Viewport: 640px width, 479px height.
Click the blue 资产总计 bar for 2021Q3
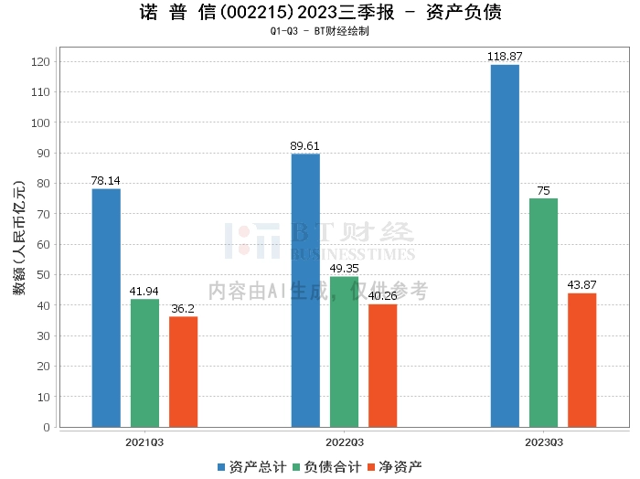click(x=106, y=307)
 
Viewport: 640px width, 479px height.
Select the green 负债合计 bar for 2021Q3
click(x=144, y=363)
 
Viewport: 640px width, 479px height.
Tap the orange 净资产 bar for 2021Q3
click(x=183, y=371)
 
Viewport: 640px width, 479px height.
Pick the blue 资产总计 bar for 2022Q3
click(x=305, y=290)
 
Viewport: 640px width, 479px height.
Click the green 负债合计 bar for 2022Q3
click(x=344, y=351)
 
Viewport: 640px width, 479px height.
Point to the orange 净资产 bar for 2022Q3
click(x=382, y=366)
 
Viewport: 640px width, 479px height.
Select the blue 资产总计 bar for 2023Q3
click(x=505, y=245)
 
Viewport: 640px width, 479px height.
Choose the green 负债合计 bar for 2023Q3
click(x=543, y=313)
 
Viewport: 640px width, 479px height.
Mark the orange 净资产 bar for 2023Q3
click(x=581, y=360)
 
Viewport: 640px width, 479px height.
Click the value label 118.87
click(x=505, y=57)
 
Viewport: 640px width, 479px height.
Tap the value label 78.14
click(x=106, y=181)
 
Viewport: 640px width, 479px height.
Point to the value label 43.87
click(x=581, y=285)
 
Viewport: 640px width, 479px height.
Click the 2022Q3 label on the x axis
click(x=344, y=442)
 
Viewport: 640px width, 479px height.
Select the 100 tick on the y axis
click(x=43, y=122)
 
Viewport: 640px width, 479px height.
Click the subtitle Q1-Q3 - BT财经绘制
click(x=320, y=31)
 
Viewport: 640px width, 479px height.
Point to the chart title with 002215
click(x=320, y=12)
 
